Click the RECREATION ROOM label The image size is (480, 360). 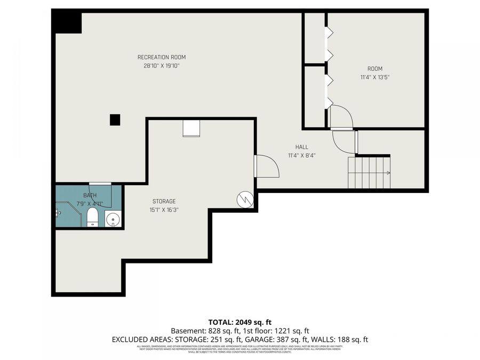[x=162, y=57]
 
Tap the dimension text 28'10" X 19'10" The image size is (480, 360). [x=162, y=66]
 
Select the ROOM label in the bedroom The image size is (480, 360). [x=374, y=68]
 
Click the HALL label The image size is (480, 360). [x=302, y=147]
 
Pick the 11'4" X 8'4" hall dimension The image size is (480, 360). [x=302, y=156]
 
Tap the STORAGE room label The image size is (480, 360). [x=164, y=201]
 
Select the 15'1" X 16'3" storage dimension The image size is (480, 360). [x=164, y=210]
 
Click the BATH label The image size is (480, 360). [x=90, y=196]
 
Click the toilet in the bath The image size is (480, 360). [x=92, y=217]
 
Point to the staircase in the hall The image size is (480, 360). [x=369, y=172]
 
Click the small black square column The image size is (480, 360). [x=115, y=120]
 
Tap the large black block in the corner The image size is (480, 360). [x=67, y=22]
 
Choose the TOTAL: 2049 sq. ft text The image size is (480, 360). [x=240, y=322]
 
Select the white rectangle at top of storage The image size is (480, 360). [x=191, y=128]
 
